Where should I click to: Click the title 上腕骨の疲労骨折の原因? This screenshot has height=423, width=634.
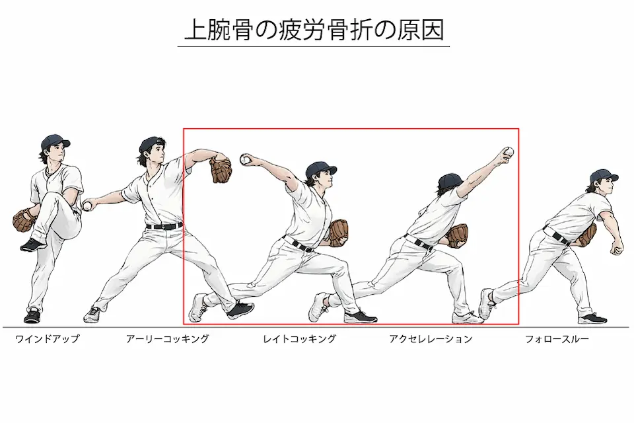[x=314, y=30]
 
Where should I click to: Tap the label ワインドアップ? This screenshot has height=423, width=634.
[x=47, y=339]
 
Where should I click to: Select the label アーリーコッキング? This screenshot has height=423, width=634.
[x=167, y=339]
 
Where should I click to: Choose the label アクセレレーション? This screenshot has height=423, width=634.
[x=431, y=339]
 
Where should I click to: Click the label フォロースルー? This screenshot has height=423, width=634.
[x=557, y=339]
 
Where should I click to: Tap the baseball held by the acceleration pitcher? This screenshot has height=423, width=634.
[x=509, y=152]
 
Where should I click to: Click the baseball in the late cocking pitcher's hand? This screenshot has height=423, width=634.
[x=246, y=159]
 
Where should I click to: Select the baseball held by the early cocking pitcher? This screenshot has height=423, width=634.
[x=87, y=206]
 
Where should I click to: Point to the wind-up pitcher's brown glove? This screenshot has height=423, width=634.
[x=24, y=220]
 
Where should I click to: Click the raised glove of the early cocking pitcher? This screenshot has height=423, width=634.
[x=221, y=169]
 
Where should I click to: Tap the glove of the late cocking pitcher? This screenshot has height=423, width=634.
[x=339, y=232]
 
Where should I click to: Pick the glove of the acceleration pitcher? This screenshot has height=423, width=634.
[x=457, y=235]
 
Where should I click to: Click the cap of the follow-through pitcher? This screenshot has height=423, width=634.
[x=604, y=175]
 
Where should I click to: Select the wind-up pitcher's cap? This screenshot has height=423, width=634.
[x=54, y=141]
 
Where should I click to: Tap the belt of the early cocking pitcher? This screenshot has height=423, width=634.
[x=164, y=227]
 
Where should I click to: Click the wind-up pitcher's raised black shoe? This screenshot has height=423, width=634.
[x=32, y=245]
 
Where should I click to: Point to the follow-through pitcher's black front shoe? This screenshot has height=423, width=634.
[x=592, y=318]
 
